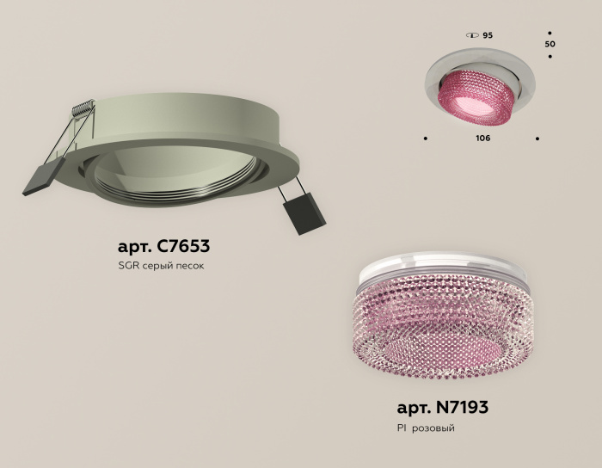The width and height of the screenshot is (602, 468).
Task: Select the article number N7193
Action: point(462,407)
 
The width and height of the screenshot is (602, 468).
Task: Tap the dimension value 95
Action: point(488,35)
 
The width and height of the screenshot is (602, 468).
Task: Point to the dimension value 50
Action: point(550,43)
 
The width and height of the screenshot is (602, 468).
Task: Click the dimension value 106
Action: point(482,139)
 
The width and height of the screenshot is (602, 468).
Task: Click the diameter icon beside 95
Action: point(471,35)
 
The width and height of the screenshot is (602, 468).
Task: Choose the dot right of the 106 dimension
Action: point(537,138)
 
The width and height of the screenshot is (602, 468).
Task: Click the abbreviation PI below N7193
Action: point(402,428)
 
